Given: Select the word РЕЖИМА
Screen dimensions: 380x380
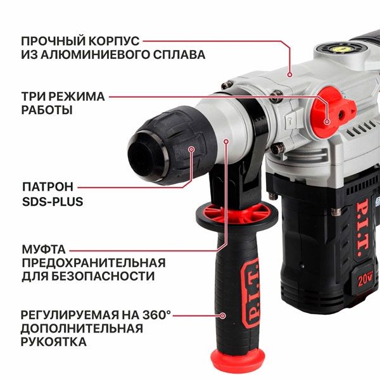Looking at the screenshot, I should pos(75,97).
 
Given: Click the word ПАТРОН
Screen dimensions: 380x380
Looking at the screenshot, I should pos(47,187).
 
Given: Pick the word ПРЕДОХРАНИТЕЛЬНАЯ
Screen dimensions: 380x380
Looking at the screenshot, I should pos(93,262).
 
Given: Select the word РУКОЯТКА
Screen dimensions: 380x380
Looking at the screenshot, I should pos(54,343).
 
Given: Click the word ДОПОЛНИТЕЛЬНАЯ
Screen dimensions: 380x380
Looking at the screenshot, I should pos(82,329).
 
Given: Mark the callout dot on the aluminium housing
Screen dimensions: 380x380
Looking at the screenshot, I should pos(290,74).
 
